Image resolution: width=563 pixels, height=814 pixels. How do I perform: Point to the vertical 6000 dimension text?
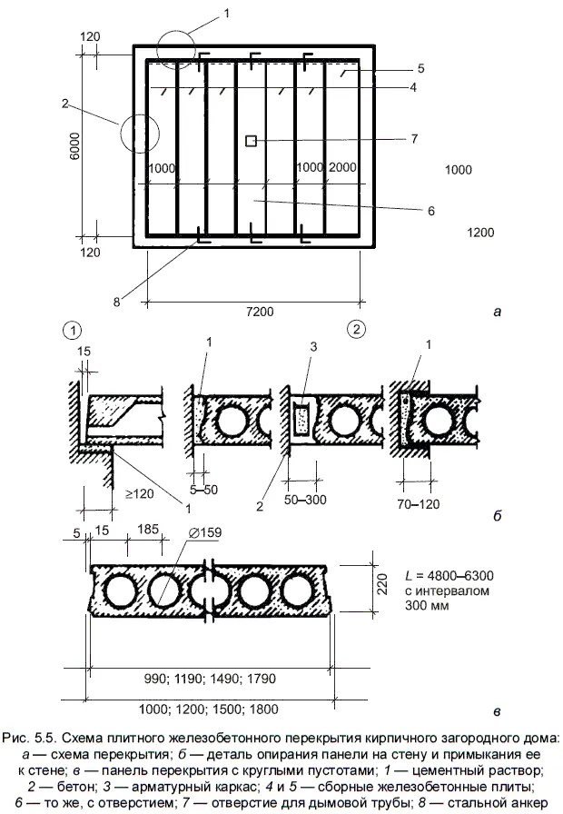tap(74, 150)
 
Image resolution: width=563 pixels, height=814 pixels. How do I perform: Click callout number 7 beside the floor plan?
tap(413, 139)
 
